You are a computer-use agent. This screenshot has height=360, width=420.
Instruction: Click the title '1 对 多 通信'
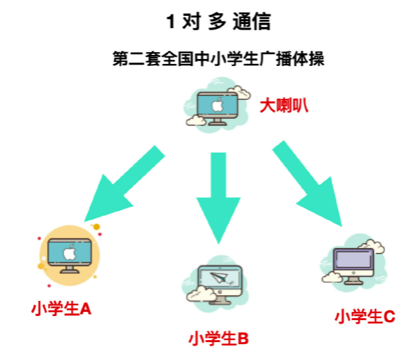218,21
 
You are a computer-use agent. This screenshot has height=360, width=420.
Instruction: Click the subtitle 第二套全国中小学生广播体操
218,59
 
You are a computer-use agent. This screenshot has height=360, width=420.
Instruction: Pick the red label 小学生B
218,339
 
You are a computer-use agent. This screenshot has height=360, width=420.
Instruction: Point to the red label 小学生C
364,317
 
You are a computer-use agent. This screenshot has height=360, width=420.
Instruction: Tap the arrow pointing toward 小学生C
308,183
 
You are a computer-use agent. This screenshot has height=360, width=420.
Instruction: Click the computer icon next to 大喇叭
217,107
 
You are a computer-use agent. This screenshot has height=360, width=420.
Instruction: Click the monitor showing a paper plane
217,280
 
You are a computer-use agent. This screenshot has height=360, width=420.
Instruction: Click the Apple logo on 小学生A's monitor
69,253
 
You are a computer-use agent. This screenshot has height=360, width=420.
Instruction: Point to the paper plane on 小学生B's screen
218,278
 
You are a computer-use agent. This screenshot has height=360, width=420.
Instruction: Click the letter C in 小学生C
389,317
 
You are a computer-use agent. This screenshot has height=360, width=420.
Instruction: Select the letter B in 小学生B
242,339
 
